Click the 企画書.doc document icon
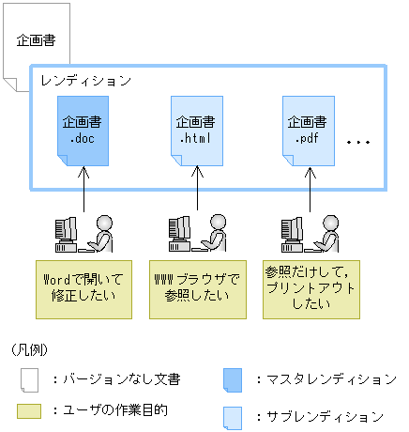83,131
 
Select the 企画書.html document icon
197,131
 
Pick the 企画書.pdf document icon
307,131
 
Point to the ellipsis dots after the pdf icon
359,143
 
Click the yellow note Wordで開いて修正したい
81,286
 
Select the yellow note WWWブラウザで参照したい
196,286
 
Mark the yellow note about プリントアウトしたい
307,286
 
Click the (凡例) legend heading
30,351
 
